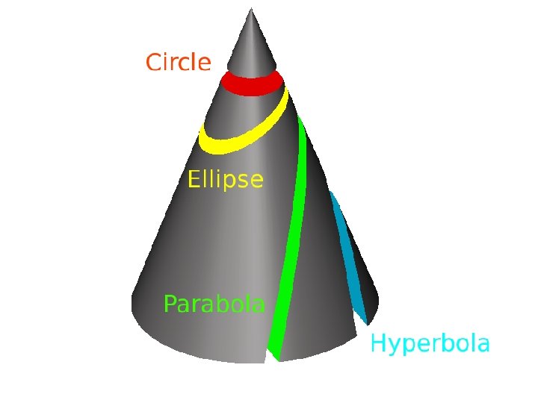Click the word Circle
tap(178, 62)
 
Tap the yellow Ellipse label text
tap(225, 180)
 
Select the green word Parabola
tap(214, 304)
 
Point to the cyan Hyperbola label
tap(430, 344)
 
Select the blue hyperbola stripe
tap(347, 257)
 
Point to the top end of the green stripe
tap(300, 119)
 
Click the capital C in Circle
tap(153, 62)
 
